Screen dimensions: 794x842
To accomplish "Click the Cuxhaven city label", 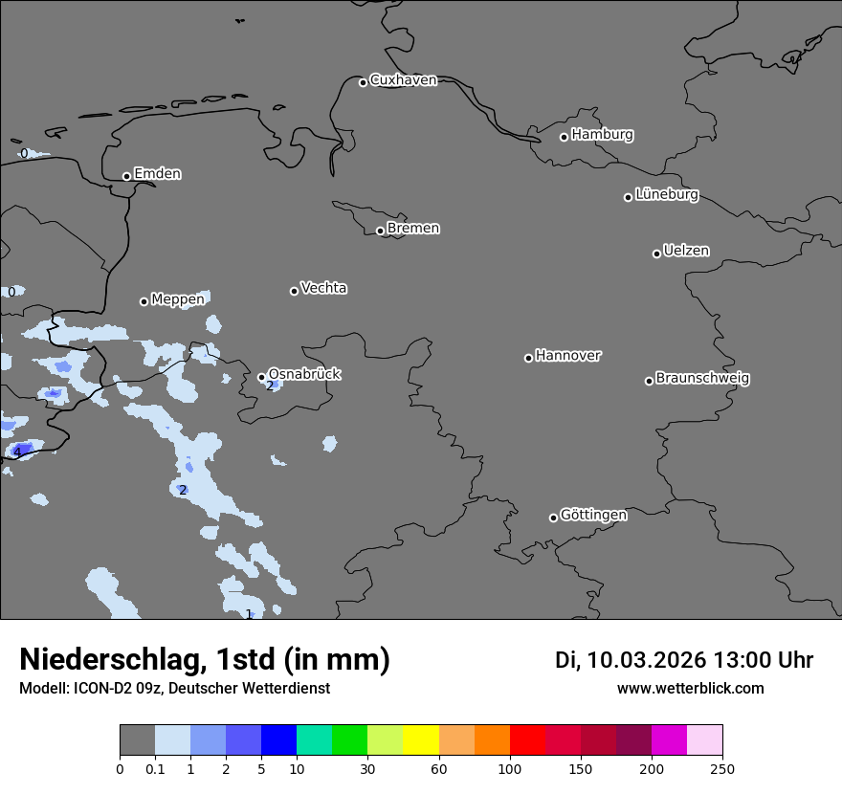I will [403, 80].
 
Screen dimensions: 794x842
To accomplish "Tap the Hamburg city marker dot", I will [564, 137].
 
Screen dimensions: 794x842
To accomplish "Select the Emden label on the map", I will [157, 174].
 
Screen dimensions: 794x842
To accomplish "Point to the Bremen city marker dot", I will [380, 231].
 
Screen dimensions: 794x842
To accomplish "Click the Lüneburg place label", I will [666, 194].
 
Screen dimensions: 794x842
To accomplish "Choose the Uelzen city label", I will [686, 251].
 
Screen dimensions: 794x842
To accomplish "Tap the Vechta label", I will [323, 288].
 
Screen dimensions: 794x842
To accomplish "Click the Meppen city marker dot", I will [144, 301].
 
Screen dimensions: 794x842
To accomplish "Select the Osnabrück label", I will [304, 374].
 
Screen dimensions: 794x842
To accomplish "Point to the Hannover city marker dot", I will [528, 358].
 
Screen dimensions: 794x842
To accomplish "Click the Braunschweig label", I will [702, 378].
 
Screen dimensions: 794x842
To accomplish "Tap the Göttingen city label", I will [593, 515].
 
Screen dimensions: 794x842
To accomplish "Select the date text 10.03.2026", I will [646, 660].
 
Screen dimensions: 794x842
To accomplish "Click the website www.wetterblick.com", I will [690, 688].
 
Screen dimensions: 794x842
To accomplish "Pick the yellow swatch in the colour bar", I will [421, 740].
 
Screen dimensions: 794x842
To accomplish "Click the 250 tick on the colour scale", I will [722, 768].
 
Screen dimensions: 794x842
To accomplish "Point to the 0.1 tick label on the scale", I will [155, 768].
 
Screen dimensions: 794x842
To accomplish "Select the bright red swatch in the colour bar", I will [527, 740].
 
